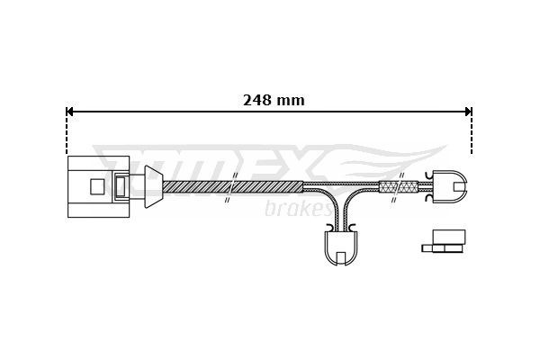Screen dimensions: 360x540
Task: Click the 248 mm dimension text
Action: pyautogui.click(x=274, y=100)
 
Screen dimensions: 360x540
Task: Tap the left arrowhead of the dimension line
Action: pyautogui.click(x=71, y=112)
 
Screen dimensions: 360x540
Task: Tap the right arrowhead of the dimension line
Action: pyautogui.click(x=467, y=112)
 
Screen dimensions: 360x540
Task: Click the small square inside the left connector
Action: pyautogui.click(x=96, y=186)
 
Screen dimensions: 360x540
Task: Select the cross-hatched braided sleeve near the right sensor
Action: pyautogui.click(x=399, y=186)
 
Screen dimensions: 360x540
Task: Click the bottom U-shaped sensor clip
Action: pyautogui.click(x=340, y=247)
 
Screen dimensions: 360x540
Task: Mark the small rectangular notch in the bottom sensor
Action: pyautogui.click(x=340, y=258)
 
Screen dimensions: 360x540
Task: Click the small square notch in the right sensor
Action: pyautogui.click(x=459, y=186)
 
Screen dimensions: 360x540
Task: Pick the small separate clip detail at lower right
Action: pyautogui.click(x=445, y=240)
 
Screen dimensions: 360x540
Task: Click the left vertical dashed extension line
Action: pyautogui.click(x=67, y=135)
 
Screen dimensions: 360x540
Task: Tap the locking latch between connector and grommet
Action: pyautogui.click(x=121, y=186)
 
